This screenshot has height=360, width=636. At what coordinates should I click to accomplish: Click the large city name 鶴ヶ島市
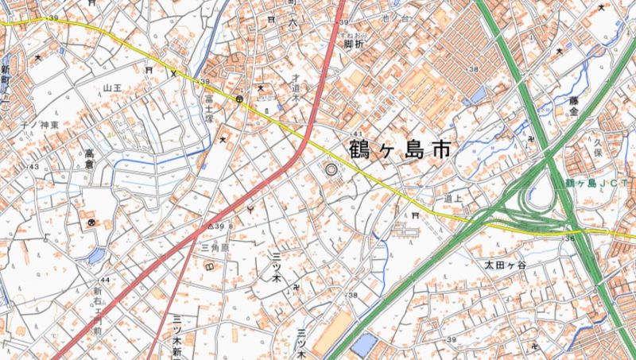point(400,149)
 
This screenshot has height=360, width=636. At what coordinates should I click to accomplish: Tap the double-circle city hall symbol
point(331,168)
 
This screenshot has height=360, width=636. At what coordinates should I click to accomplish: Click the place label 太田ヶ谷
point(506,264)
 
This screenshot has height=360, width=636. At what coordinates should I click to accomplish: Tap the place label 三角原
point(215,248)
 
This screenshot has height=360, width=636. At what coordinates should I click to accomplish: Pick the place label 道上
point(454,199)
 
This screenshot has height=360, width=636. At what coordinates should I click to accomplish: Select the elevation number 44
point(104,281)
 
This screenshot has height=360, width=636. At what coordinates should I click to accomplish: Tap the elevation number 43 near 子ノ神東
point(34,167)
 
